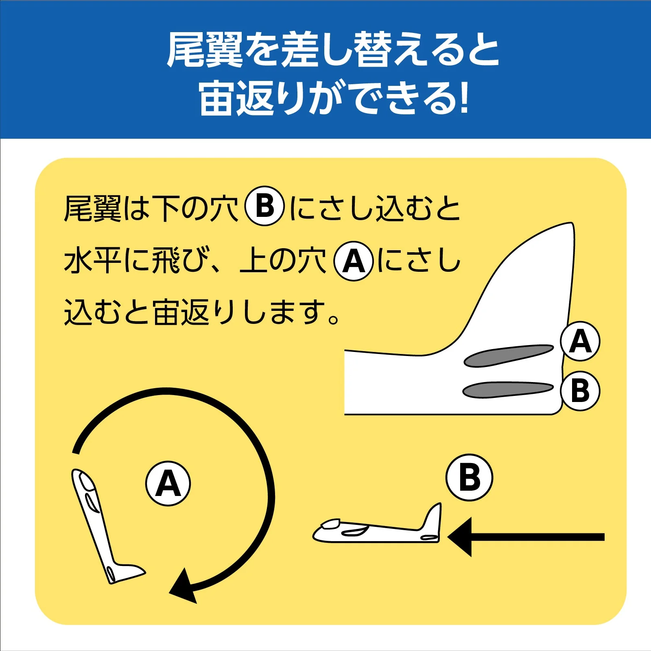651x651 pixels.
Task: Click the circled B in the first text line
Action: [x=264, y=206]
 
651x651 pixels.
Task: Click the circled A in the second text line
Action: [x=354, y=261]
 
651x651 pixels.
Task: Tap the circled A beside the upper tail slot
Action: [x=580, y=341]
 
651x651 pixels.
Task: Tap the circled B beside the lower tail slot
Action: [x=580, y=391]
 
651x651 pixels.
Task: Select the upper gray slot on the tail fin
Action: [x=509, y=355]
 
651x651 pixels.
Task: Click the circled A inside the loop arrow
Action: [x=168, y=483]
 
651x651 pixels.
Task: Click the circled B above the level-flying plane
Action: [x=469, y=477]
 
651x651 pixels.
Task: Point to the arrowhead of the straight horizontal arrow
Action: [x=461, y=537]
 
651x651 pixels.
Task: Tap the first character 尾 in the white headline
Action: [x=186, y=50]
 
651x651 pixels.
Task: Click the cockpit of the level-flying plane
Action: [x=331, y=524]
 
